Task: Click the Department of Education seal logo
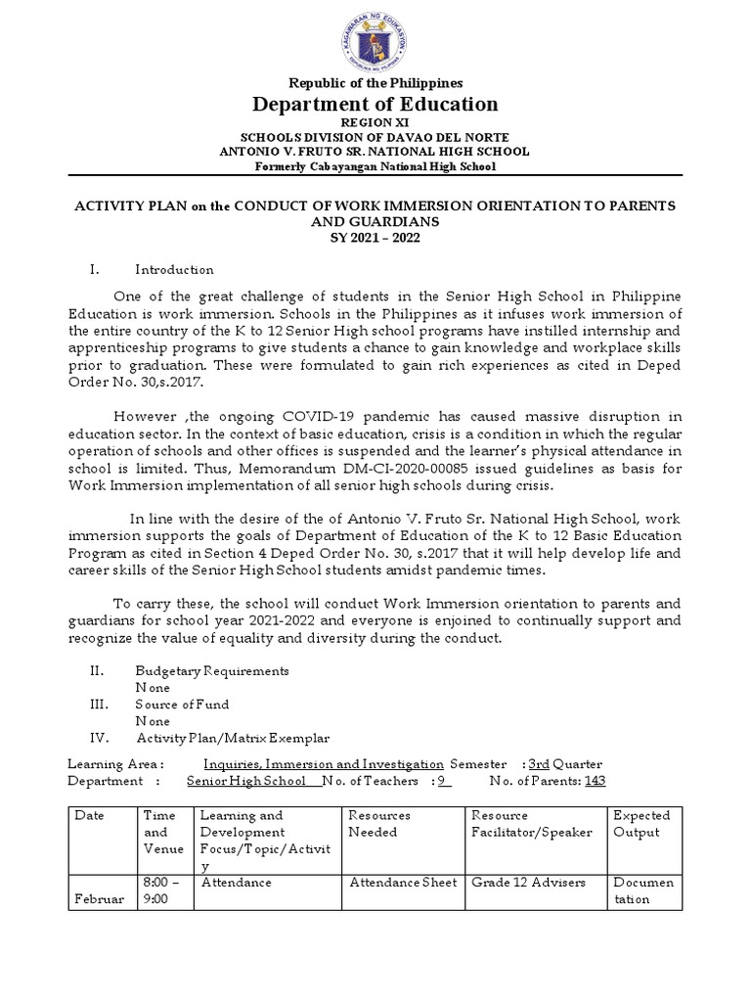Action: [375, 39]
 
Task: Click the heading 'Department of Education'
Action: [375, 104]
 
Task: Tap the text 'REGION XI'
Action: [375, 122]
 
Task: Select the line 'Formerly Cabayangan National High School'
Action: [375, 166]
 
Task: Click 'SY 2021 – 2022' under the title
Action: [375, 238]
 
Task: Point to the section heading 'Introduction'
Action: [174, 269]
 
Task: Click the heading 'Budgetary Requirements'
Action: [211, 671]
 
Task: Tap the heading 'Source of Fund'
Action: [182, 705]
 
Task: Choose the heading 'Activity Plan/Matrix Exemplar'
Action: [233, 738]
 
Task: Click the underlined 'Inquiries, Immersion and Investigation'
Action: [323, 763]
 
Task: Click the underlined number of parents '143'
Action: [596, 781]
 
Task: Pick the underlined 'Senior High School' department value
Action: [245, 781]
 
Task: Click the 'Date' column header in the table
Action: [89, 815]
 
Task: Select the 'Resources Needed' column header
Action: [379, 823]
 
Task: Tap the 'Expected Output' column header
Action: [641, 823]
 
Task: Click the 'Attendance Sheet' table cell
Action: [403, 882]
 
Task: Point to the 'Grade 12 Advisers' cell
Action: [528, 882]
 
